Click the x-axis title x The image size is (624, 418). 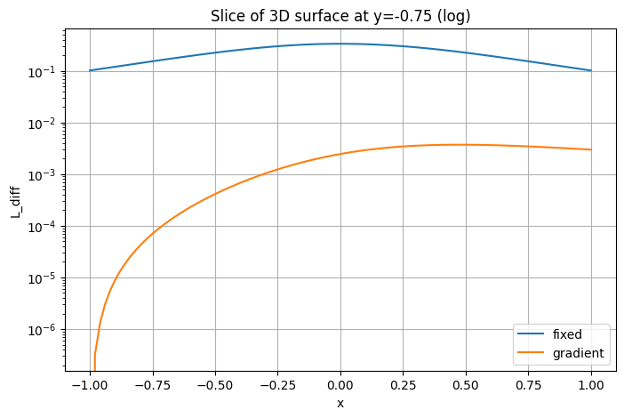(x=340, y=403)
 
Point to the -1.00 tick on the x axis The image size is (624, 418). (x=89, y=386)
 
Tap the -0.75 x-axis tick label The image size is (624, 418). (x=151, y=386)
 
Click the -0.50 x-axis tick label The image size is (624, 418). (x=214, y=386)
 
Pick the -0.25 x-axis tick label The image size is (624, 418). (x=276, y=386)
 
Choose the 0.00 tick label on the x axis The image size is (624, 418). (x=340, y=386)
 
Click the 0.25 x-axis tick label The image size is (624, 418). (x=403, y=386)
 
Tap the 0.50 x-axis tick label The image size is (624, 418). (x=466, y=386)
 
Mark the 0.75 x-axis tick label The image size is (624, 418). (x=528, y=386)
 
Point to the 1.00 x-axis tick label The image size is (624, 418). (x=591, y=386)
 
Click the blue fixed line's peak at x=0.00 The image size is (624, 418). (x=340, y=44)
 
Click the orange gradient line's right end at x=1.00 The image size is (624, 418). (x=591, y=149)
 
